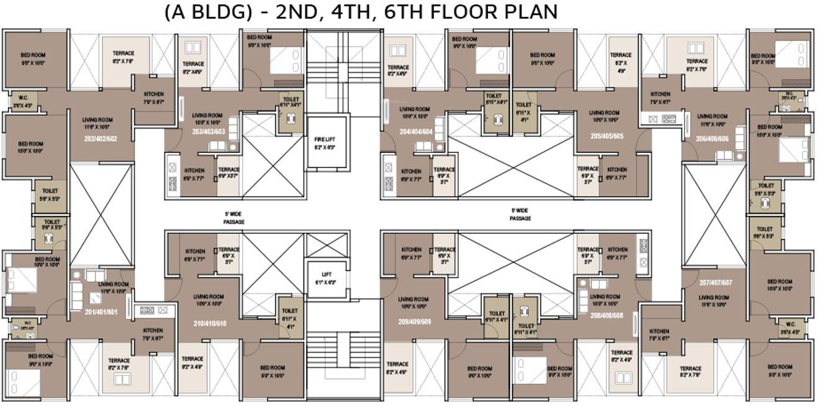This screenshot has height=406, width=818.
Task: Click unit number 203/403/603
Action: coord(207,131)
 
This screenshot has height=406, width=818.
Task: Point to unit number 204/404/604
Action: coord(417,131)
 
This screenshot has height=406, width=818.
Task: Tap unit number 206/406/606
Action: coord(712,139)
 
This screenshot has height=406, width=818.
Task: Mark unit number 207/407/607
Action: coord(716,282)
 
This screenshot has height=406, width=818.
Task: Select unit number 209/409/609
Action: coord(415,322)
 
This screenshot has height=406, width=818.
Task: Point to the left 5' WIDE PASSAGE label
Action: coord(234,217)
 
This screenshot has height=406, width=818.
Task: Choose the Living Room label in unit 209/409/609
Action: coord(414,303)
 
